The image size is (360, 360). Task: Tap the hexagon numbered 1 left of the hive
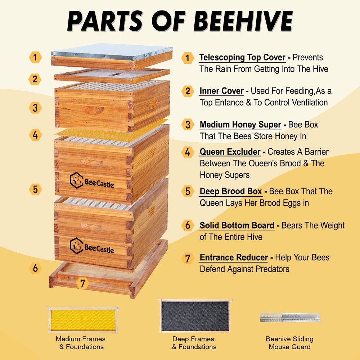(x=35, y=57)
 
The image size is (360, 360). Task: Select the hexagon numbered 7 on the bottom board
(x=83, y=283)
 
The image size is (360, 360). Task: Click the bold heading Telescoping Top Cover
(x=242, y=57)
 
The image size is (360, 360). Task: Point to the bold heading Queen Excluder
(x=230, y=152)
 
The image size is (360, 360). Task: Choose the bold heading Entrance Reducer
(x=234, y=257)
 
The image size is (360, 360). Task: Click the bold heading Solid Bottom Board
(x=237, y=226)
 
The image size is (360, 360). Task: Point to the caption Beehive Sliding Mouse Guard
(x=289, y=343)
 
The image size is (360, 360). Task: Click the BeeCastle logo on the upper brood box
(x=92, y=182)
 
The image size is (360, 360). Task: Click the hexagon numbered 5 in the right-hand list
(x=188, y=191)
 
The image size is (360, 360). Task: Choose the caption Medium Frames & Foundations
(x=81, y=343)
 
